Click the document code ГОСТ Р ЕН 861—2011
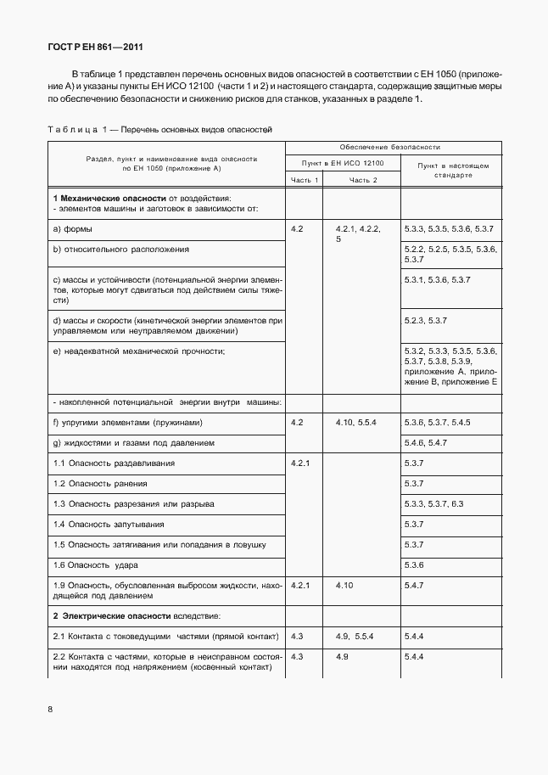(x=90, y=48)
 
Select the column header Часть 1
(x=305, y=181)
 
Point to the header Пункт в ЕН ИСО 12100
(x=343, y=163)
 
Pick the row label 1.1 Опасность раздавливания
(x=114, y=463)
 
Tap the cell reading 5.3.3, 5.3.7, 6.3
(x=434, y=503)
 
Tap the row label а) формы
(x=73, y=229)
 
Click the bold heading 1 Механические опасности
(x=109, y=198)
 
